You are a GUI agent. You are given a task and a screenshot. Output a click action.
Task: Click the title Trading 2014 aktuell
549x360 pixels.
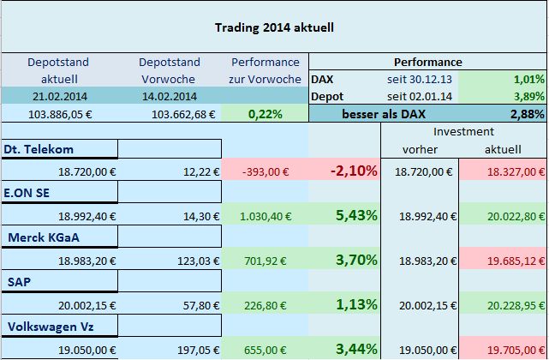coord(273,27)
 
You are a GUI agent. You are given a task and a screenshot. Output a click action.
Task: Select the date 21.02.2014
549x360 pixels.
coord(57,95)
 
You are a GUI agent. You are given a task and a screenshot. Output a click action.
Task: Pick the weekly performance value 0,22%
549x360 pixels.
coord(266,114)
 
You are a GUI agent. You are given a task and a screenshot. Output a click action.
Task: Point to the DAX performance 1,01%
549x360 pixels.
coord(525,79)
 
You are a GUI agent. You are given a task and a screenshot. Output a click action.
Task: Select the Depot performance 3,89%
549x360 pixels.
coord(525,96)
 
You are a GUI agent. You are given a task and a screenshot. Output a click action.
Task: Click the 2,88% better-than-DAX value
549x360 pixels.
coord(525,114)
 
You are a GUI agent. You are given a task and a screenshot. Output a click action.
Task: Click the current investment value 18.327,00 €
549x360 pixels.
coord(509,172)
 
